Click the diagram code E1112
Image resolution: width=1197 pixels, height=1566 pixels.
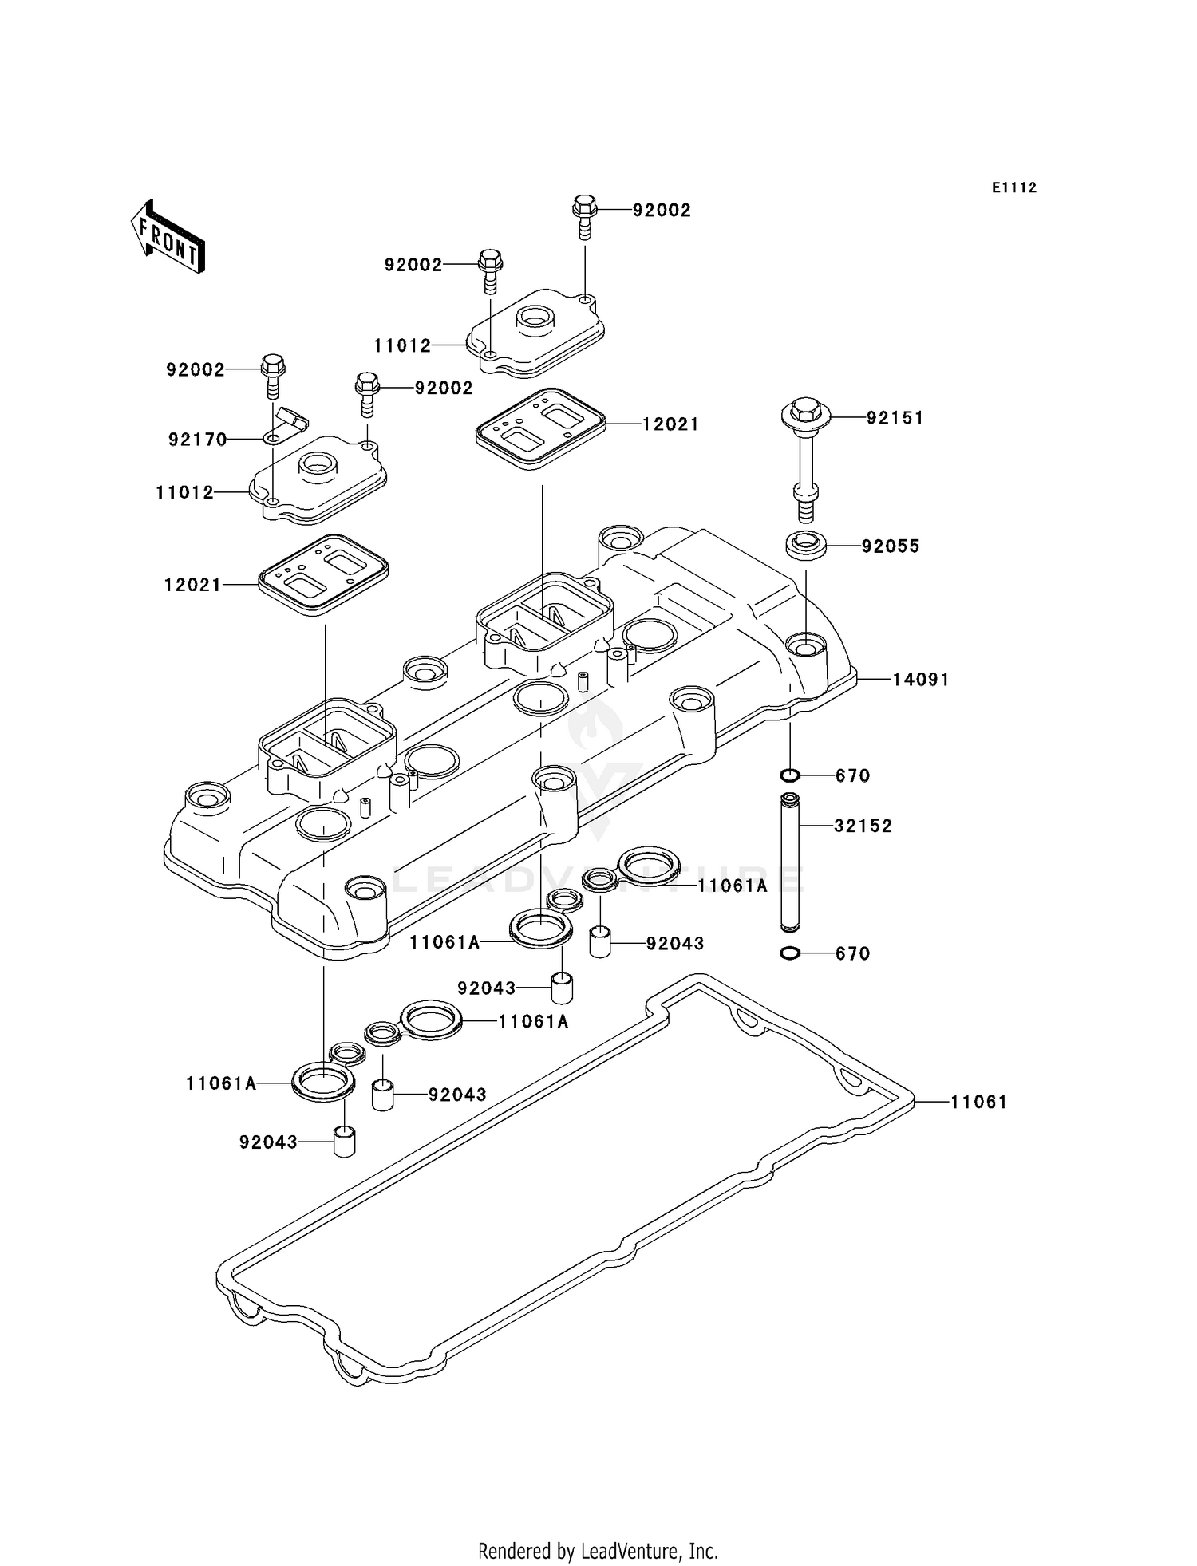[x=1014, y=188]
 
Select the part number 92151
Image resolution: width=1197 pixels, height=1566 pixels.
[x=895, y=418]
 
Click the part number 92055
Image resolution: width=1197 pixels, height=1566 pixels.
[x=891, y=546]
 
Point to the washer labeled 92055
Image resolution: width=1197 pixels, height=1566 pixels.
[x=806, y=546]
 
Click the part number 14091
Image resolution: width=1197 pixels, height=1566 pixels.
[x=921, y=680]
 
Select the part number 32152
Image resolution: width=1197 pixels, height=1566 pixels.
[x=863, y=826]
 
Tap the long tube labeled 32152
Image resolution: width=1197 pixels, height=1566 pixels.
[x=790, y=862]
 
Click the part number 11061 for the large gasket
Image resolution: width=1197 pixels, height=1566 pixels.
[x=979, y=1103]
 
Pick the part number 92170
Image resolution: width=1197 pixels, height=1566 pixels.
[x=198, y=440]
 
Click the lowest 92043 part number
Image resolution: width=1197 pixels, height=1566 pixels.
[x=268, y=1142]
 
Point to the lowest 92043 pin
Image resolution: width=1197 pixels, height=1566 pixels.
[x=344, y=1141]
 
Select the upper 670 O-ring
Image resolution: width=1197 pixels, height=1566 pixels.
[x=790, y=775]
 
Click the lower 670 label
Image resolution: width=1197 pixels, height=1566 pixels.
[x=853, y=954]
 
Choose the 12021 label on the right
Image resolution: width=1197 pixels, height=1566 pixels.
[x=671, y=424]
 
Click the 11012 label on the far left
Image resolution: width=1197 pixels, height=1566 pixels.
[x=185, y=493]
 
